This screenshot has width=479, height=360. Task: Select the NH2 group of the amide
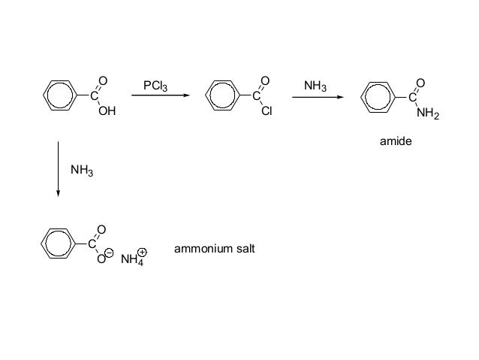[428, 113]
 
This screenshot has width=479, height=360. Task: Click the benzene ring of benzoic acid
[59, 96]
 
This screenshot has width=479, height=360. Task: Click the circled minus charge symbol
[109, 256]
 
